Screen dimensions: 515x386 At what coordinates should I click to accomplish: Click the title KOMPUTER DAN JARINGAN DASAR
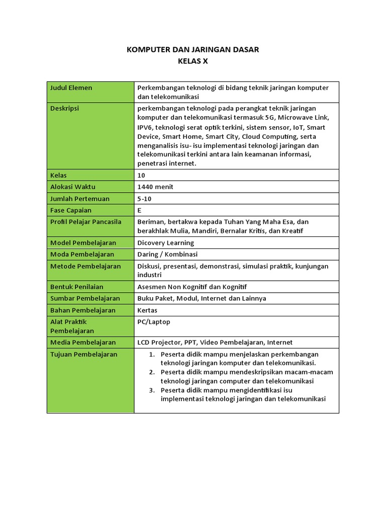[192, 49]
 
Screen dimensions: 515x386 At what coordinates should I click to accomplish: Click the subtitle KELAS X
[192, 61]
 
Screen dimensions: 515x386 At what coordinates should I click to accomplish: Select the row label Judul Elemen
[71, 88]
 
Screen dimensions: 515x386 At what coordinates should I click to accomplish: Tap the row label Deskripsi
[65, 108]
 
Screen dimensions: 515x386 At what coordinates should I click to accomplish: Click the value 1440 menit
[156, 187]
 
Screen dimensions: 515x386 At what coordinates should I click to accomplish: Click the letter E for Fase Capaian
[140, 210]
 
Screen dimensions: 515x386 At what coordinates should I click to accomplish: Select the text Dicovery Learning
[165, 243]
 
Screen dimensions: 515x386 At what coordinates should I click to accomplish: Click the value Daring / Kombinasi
[167, 254]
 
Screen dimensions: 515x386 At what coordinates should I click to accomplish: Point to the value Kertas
[147, 310]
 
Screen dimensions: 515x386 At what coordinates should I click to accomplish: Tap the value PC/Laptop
[154, 322]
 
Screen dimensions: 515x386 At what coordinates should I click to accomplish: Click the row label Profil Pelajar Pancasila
[86, 222]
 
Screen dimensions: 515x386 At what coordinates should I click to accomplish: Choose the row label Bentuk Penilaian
[77, 287]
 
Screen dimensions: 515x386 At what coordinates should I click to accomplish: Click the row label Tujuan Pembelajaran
[83, 355]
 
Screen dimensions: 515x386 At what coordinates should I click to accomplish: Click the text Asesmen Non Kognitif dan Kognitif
[192, 287]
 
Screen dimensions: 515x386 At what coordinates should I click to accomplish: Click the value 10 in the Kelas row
[141, 175]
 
